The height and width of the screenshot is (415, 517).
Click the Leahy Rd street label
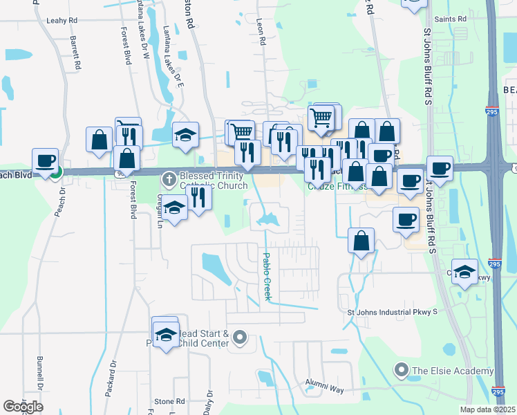coord(60,21)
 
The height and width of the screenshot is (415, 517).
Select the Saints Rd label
coord(453,19)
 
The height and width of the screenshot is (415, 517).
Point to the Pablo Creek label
coord(266,276)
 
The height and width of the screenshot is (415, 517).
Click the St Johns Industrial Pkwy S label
coord(392,312)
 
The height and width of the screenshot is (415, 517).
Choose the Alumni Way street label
coord(326,389)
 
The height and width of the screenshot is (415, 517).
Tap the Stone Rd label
coord(169,401)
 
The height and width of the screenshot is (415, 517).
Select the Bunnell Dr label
coord(40,391)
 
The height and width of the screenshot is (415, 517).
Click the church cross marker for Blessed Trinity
coord(169,181)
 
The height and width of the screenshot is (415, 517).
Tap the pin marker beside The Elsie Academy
coord(401,371)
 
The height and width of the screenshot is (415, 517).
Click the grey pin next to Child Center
coord(240,338)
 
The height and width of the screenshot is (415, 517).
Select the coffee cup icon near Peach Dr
coord(45,161)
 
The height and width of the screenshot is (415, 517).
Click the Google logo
coord(22,406)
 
